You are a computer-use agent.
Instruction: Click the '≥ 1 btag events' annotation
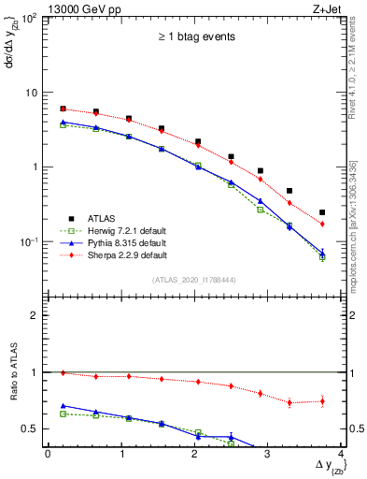pyautogui.click(x=194, y=36)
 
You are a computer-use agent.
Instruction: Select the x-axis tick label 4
pyautogui.click(x=341, y=454)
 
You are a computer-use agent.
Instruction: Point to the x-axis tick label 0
pyautogui.click(x=48, y=454)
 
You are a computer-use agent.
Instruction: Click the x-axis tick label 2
pyautogui.click(x=194, y=454)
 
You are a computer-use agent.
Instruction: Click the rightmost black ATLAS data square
pyautogui.click(x=322, y=212)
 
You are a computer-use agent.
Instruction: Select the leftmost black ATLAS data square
pyautogui.click(x=63, y=109)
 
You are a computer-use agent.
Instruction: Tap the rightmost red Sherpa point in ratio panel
pyautogui.click(x=322, y=401)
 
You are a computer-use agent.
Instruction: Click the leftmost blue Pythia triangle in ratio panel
pyautogui.click(x=63, y=406)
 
